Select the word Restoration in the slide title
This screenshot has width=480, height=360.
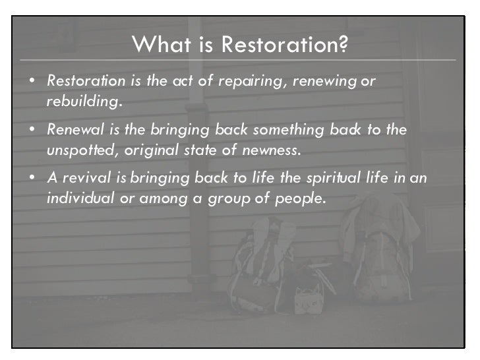pos(277,45)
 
